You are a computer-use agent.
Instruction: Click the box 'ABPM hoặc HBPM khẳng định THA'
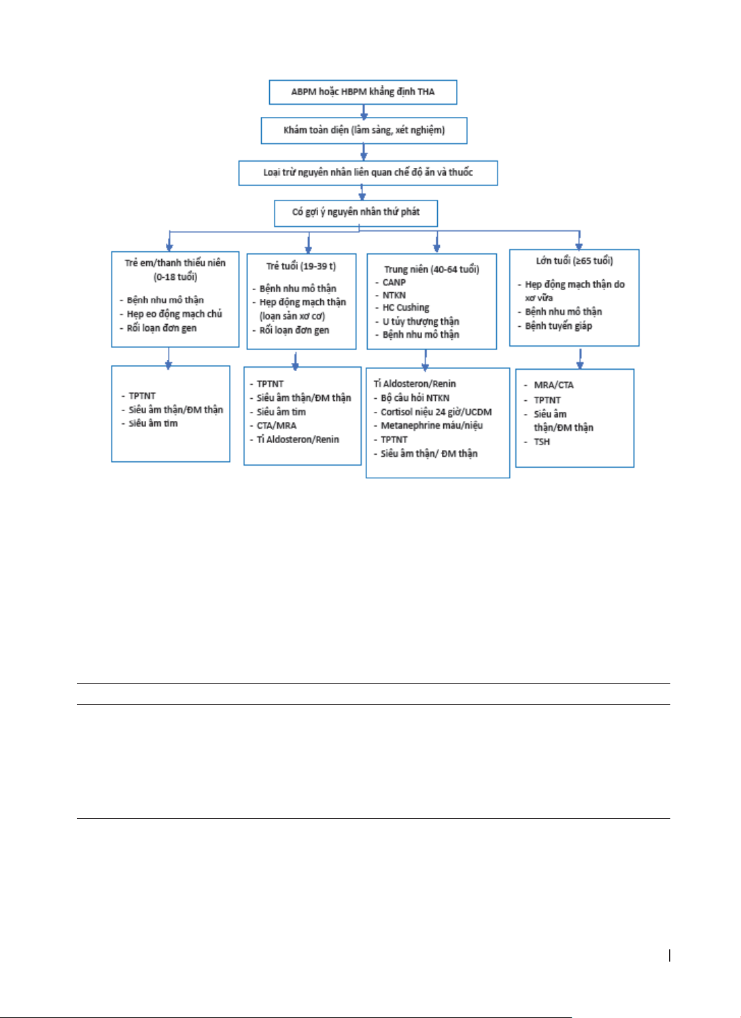(x=363, y=92)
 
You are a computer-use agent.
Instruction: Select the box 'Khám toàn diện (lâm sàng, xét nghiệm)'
(x=364, y=130)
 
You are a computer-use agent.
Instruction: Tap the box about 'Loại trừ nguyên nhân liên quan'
(x=368, y=173)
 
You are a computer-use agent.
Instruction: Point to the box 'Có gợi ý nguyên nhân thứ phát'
(x=356, y=213)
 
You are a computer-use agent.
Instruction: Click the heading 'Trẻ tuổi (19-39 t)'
(x=301, y=266)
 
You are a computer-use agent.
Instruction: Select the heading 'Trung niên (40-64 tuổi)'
(x=432, y=270)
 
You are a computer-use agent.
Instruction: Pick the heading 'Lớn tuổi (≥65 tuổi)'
(x=574, y=261)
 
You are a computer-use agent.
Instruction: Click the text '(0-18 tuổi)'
(x=175, y=277)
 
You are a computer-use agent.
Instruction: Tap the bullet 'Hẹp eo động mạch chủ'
(x=174, y=314)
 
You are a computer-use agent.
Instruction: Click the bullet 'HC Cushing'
(x=405, y=308)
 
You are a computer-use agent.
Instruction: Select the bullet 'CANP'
(x=394, y=282)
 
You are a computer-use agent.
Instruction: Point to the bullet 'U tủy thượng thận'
(x=421, y=321)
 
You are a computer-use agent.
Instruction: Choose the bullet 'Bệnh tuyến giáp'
(x=558, y=326)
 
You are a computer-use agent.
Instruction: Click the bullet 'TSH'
(x=541, y=442)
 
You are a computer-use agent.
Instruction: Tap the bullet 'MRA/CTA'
(x=553, y=385)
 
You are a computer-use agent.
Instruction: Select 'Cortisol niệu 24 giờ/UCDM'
(x=436, y=413)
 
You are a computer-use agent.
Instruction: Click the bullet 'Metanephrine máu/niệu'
(x=432, y=426)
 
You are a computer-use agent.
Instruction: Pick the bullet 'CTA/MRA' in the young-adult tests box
(x=277, y=426)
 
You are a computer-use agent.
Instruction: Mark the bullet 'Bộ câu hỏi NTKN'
(x=415, y=398)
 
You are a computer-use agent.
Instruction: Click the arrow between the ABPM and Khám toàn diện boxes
(x=364, y=112)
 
